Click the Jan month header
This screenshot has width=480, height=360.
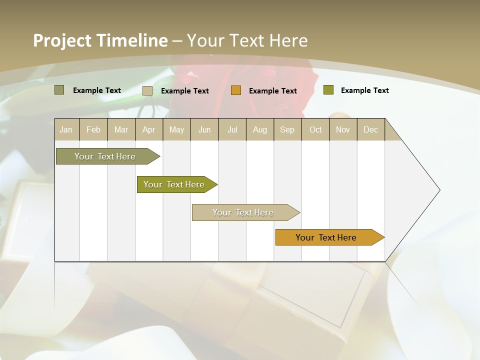pyautogui.click(x=66, y=129)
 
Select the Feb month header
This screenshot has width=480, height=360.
pyautogui.click(x=93, y=129)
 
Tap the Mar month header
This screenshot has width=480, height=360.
pyautogui.click(x=121, y=129)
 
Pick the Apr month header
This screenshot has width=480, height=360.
pyautogui.click(x=148, y=129)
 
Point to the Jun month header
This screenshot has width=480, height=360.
pyautogui.click(x=204, y=129)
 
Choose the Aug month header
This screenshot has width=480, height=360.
pyautogui.click(x=260, y=129)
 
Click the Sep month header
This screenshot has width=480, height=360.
pyautogui.click(x=287, y=129)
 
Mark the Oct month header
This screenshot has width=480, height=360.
pyautogui.click(x=315, y=129)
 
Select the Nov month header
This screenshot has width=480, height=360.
pyautogui.click(x=343, y=129)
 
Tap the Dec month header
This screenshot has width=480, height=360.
pyautogui.click(x=370, y=129)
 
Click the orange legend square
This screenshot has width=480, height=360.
pyautogui.click(x=236, y=90)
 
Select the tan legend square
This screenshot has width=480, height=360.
pyautogui.click(x=147, y=90)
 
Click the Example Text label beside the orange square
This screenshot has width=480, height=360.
pyautogui.click(x=272, y=91)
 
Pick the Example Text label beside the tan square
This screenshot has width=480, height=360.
pyautogui.click(x=184, y=91)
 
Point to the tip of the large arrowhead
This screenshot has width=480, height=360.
pyautogui.click(x=439, y=190)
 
